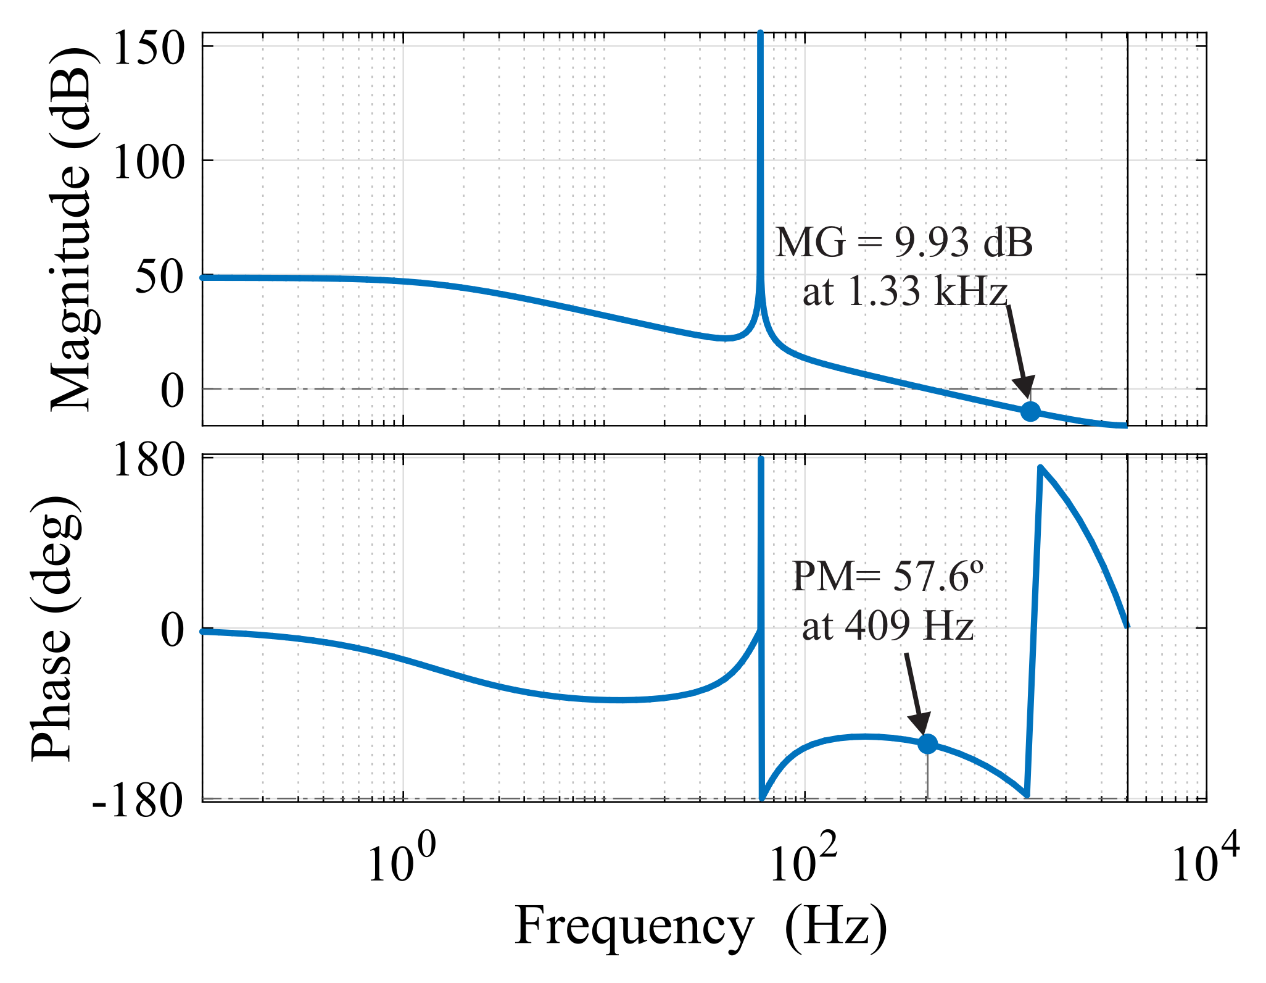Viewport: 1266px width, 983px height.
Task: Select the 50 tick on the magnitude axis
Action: pos(160,278)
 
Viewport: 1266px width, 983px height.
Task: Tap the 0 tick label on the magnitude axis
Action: pos(173,391)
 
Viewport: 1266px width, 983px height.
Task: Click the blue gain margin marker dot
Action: pos(1030,411)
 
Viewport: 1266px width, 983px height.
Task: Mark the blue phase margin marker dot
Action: pos(927,744)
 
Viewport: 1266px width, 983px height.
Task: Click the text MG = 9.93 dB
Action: pos(904,243)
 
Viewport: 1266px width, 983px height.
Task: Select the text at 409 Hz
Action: pos(887,626)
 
